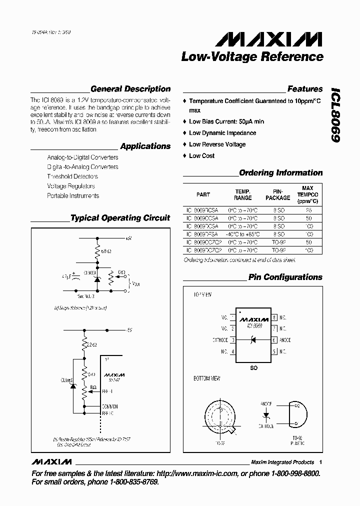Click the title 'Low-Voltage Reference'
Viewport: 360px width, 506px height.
click(252, 57)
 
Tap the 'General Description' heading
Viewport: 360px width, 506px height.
click(130, 89)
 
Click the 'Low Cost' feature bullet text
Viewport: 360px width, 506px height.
click(201, 156)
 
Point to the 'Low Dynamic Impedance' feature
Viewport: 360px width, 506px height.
click(222, 133)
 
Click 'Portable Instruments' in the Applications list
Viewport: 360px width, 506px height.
click(73, 196)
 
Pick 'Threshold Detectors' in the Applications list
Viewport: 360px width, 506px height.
click(72, 176)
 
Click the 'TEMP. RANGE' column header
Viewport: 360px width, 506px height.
click(243, 194)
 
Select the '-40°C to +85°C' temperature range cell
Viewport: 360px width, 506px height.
click(243, 234)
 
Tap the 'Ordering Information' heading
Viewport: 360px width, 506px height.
click(280, 173)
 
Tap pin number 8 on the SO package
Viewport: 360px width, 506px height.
click(274, 317)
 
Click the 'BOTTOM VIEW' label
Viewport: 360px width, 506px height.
click(207, 378)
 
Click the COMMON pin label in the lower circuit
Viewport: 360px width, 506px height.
click(109, 406)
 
